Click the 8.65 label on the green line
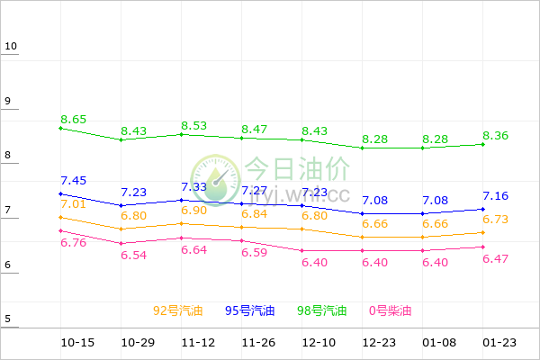click(74, 119)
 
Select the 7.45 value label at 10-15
click(74, 180)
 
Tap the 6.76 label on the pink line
click(74, 242)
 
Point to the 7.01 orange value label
click(74, 204)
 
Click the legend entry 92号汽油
click(178, 311)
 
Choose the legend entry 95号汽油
click(250, 311)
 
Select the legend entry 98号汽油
click(322, 311)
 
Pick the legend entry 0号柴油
click(390, 311)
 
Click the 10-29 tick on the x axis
click(138, 343)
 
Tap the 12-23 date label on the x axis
click(374, 343)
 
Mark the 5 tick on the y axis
click(7, 319)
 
